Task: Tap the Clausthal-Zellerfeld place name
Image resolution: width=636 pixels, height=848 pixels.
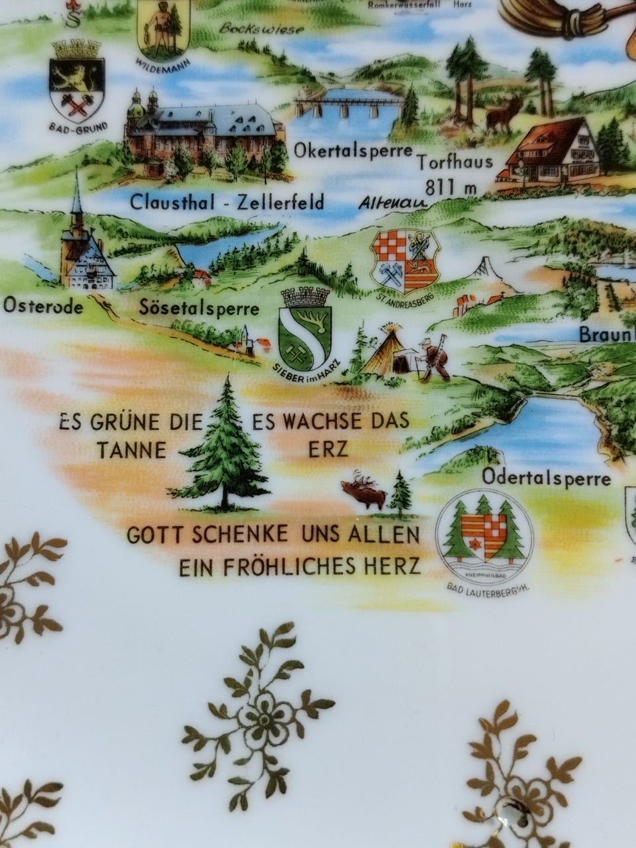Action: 227,201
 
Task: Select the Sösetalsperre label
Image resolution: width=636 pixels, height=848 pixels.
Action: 199,309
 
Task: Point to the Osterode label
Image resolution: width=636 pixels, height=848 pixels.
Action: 44,307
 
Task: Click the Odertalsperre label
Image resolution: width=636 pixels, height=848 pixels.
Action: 546,477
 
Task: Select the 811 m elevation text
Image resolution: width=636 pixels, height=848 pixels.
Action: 452,188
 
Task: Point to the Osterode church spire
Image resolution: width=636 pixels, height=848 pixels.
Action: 78,199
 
